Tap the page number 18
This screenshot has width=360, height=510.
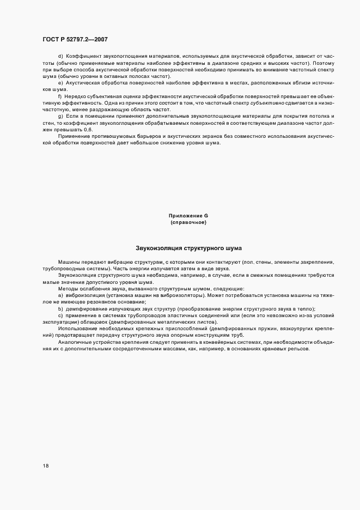pyautogui.click(x=46, y=466)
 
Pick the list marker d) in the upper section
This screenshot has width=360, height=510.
pyautogui.click(x=60, y=56)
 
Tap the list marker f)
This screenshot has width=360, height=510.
pyautogui.click(x=60, y=95)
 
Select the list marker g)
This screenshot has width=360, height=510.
pyautogui.click(x=60, y=117)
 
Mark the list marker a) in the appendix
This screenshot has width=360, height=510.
pyautogui.click(x=60, y=295)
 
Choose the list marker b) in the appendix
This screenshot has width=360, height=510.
pyautogui.click(x=60, y=308)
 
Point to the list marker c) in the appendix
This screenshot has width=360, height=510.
pyautogui.click(x=60, y=315)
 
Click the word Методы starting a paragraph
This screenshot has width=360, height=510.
pyautogui.click(x=68, y=288)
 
